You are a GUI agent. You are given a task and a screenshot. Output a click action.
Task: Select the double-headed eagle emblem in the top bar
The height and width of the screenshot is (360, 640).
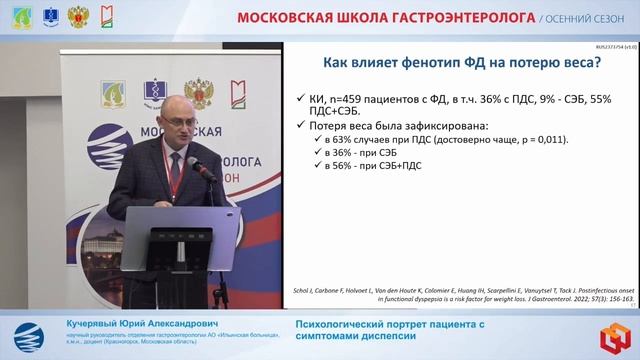pos(77,16)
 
